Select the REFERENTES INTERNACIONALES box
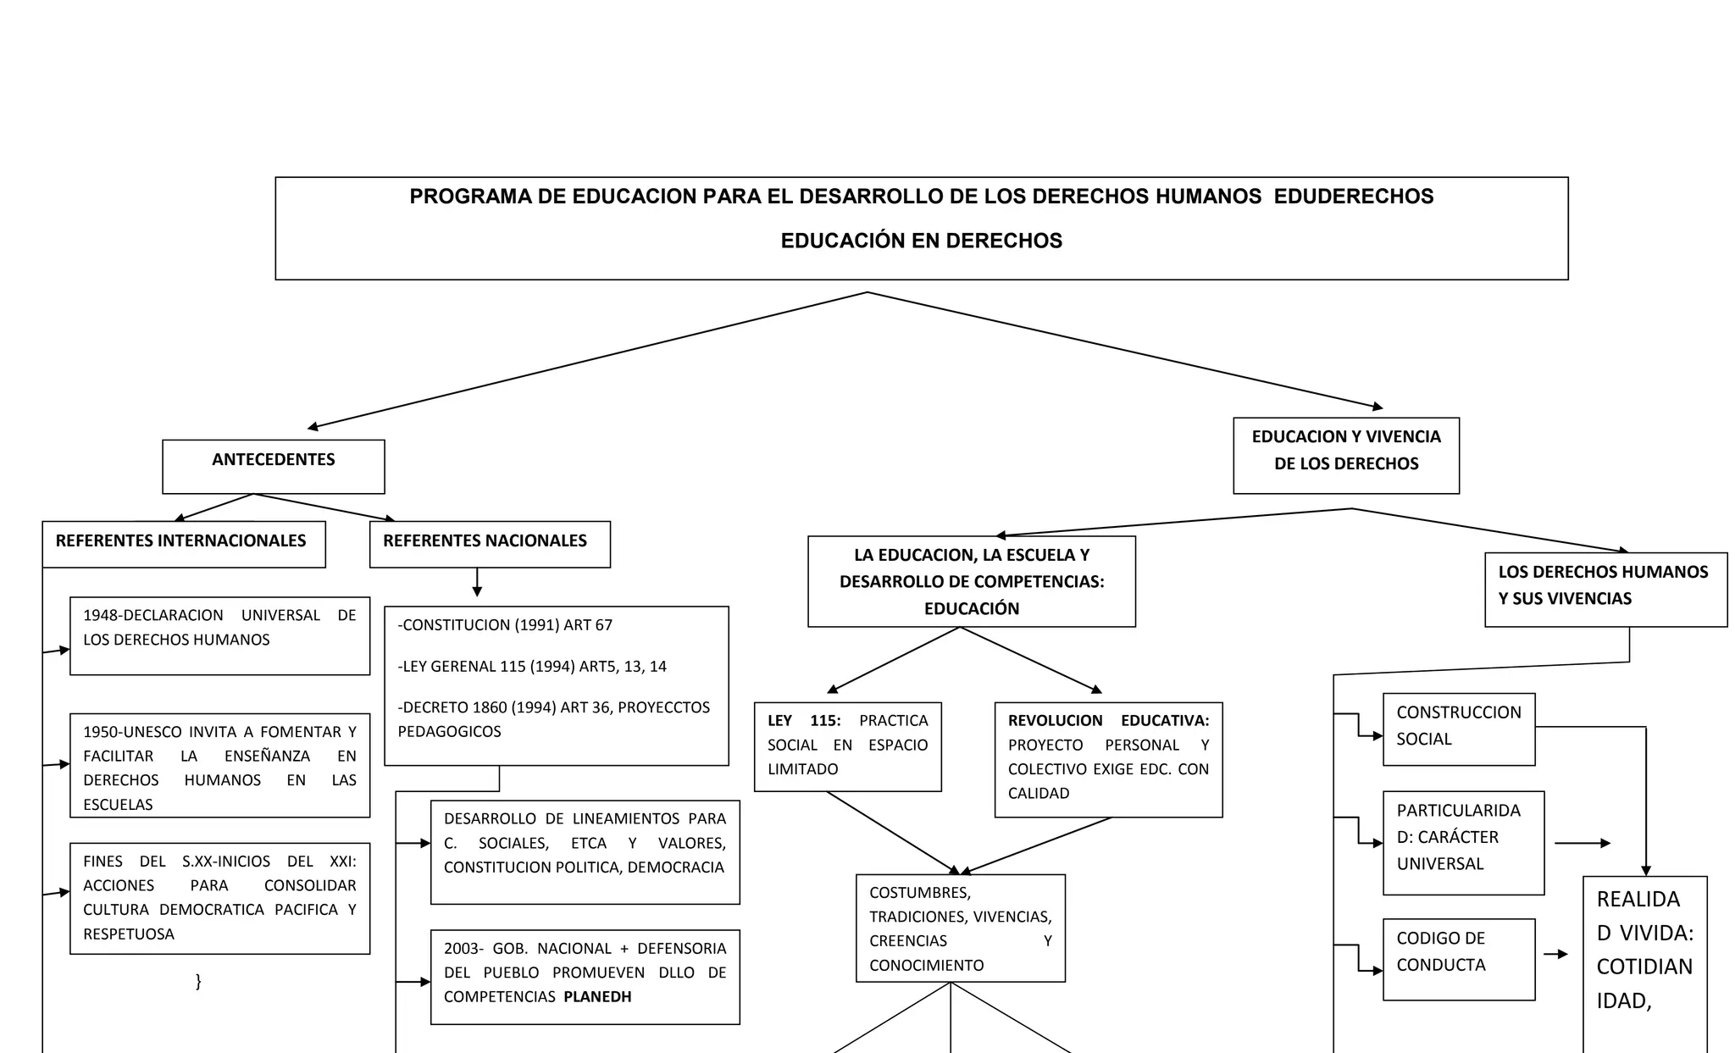click(183, 543)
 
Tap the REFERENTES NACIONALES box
click(489, 543)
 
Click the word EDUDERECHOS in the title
click(1353, 197)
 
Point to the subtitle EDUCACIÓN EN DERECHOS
click(921, 241)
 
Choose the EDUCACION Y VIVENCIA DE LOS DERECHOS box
click(1345, 454)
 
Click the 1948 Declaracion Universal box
click(219, 635)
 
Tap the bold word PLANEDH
click(597, 997)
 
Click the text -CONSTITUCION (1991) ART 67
click(505, 625)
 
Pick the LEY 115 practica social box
click(847, 745)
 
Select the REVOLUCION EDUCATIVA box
click(1108, 758)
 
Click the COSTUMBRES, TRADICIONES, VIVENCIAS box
click(960, 928)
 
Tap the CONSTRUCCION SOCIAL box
click(1458, 728)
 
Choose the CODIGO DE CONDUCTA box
click(1458, 958)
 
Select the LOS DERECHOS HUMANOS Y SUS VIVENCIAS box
click(1605, 588)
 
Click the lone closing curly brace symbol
click(198, 982)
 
